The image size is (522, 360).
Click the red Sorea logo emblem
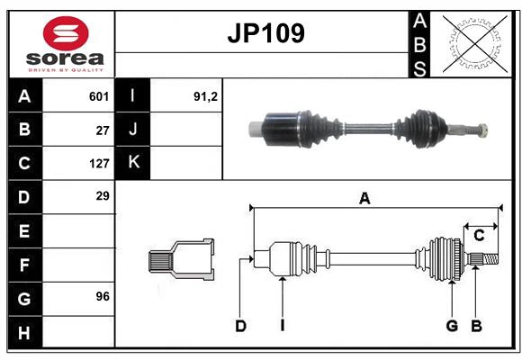[66, 35]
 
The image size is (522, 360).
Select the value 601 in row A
[99, 96]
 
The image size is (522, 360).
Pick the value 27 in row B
[103, 130]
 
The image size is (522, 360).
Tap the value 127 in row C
[99, 164]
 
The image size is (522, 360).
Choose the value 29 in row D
[103, 196]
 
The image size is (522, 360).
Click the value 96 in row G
[103, 297]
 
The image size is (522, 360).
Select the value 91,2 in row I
[206, 96]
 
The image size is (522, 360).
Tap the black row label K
[133, 163]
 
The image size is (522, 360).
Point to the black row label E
[24, 231]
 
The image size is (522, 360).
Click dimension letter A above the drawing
[364, 199]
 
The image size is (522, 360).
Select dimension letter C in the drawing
[479, 236]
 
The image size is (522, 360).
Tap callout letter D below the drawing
[240, 326]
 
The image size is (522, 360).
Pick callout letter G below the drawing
[452, 326]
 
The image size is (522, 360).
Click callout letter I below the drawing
[282, 326]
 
